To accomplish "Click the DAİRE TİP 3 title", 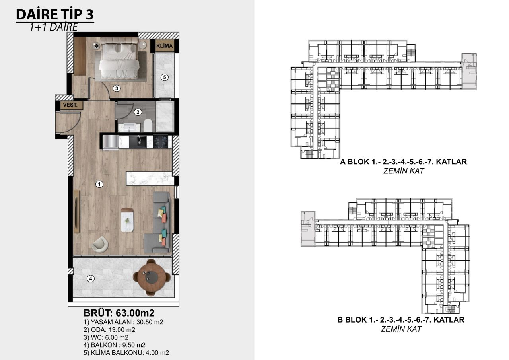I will point(55,14).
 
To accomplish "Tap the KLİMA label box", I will point(165,46).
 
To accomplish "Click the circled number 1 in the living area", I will point(100,184).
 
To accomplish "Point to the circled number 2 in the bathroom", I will point(138,112).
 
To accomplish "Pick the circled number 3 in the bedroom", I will point(116,88).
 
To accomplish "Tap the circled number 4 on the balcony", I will point(91,278).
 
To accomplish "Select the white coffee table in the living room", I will point(128,219).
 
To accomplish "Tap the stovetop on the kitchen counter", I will point(161,141).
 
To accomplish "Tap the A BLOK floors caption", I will point(403,162).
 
